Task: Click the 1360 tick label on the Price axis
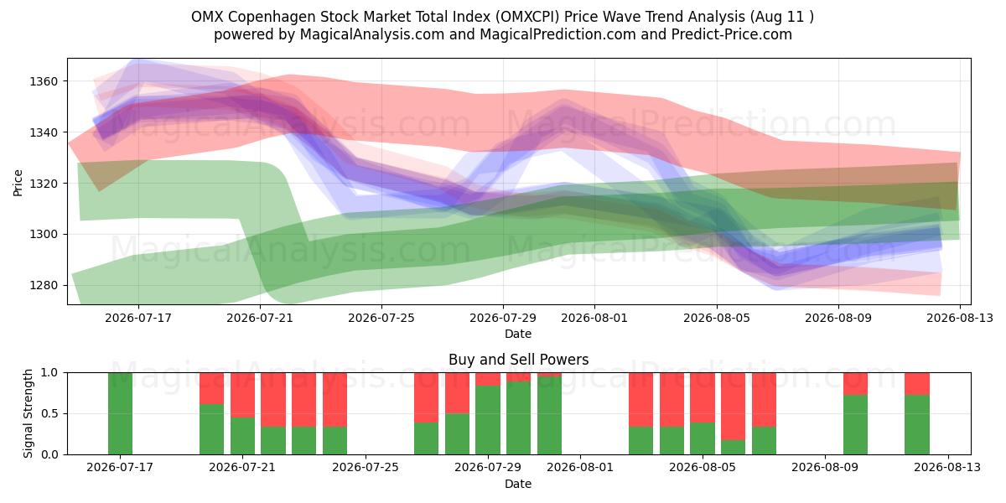point(44,81)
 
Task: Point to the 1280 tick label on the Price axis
point(44,285)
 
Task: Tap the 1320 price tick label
point(44,184)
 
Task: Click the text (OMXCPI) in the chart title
point(527,17)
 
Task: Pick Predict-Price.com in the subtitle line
point(731,34)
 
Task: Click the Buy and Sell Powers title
point(518,360)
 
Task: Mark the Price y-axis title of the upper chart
point(18,183)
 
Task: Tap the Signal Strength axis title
point(28,413)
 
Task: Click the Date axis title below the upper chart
point(518,334)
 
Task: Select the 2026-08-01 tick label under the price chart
point(594,318)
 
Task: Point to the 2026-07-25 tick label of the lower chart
point(366,467)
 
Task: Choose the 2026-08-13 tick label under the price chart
point(960,318)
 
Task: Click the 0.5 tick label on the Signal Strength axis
point(49,413)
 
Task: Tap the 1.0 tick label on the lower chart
point(49,372)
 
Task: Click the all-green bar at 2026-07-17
point(121,413)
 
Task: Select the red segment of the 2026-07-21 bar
point(242,395)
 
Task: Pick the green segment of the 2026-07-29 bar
point(488,420)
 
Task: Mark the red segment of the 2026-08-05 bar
point(703,397)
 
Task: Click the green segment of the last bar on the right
point(917,425)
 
